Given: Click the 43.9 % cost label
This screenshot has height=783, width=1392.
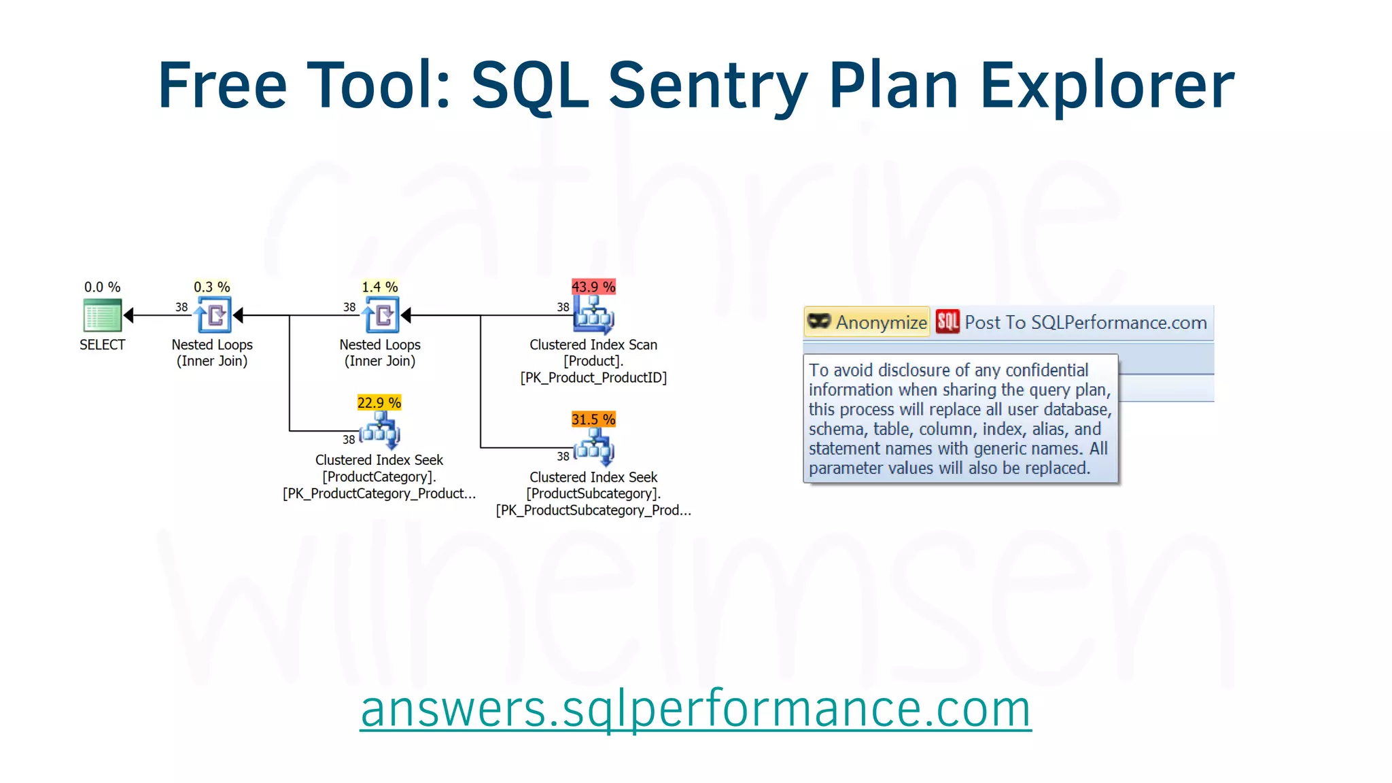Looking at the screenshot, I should pos(593,287).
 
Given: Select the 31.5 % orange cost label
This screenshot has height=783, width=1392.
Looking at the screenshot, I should pos(593,419).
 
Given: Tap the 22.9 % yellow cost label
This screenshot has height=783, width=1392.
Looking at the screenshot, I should pos(379,402).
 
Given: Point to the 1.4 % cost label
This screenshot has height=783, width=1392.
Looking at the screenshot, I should pos(380,287).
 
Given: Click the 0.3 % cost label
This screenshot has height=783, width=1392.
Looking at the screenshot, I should pos(212,287).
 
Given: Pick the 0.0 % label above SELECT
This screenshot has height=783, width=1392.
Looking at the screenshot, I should pos(102,287).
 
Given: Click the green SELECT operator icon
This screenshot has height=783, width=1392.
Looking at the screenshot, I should pos(102,315).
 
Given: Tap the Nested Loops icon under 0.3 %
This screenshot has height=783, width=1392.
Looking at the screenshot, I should pos(213,315).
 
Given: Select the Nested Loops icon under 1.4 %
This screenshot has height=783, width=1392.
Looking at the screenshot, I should pos(381,315).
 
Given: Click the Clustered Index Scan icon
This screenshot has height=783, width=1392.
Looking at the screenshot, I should pos(594,315).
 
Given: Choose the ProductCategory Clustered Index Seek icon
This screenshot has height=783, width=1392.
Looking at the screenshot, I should pos(381,431).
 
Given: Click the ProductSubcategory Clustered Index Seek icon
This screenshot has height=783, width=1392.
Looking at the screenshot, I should pos(595,448).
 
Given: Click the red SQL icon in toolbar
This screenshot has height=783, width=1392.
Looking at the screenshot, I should pos(947,322).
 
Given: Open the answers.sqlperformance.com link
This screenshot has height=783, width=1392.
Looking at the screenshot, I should pos(695,708).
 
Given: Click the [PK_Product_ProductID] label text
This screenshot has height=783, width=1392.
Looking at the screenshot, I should pos(593,378).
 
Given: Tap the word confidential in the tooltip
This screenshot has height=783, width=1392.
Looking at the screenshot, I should pos(1047,370).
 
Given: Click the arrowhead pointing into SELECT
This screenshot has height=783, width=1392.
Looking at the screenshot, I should pos(128,315).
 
